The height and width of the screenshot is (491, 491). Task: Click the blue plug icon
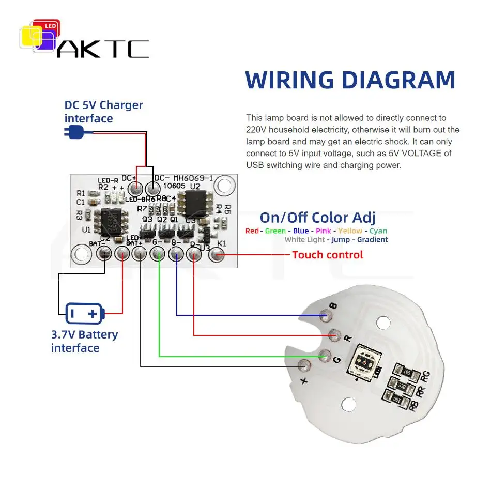pos(75,133)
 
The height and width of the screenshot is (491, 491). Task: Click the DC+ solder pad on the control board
pos(135,189)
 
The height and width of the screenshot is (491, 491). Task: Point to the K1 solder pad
pos(218,254)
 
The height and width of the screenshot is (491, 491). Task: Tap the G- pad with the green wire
pos(158,253)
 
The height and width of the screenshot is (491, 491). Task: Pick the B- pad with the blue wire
pos(176,253)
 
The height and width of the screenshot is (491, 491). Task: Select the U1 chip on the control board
pos(112,221)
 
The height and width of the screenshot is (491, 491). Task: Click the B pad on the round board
pos(325,315)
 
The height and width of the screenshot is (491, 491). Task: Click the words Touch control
pos(327,255)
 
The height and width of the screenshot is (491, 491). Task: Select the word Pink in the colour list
pos(324,231)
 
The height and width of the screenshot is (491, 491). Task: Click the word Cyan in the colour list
pos(378,231)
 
